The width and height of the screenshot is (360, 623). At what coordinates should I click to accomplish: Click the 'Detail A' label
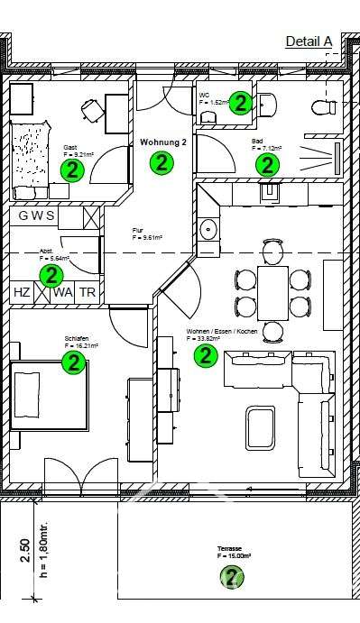[309, 41]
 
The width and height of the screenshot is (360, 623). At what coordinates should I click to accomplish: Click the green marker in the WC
[240, 103]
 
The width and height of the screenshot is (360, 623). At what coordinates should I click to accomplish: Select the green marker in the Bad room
[267, 164]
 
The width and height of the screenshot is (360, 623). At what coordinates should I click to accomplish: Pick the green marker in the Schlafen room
[73, 362]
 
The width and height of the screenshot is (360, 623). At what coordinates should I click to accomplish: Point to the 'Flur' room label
[139, 231]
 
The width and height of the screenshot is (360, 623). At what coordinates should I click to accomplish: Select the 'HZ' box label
[22, 293]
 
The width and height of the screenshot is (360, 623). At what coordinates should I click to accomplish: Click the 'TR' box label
[87, 293]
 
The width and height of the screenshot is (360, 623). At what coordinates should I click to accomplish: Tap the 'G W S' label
[37, 216]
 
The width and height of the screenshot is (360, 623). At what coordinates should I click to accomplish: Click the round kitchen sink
[208, 227]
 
